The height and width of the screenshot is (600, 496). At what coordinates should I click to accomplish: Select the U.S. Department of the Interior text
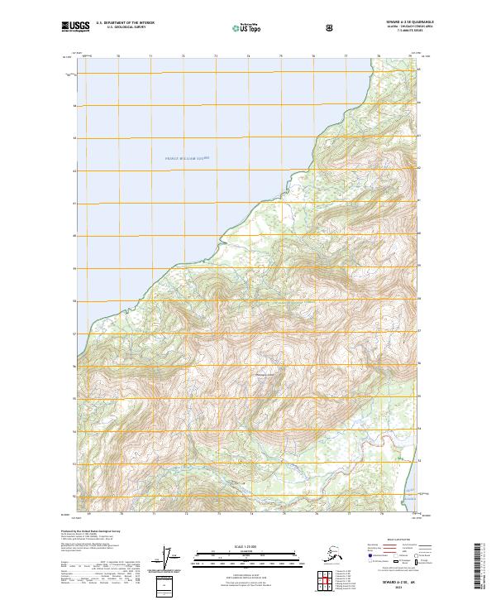[125, 23]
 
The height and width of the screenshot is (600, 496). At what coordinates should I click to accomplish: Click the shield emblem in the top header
[330, 27]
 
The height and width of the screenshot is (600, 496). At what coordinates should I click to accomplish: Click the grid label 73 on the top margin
[216, 56]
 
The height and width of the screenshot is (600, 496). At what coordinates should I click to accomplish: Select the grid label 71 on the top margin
[151, 56]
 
